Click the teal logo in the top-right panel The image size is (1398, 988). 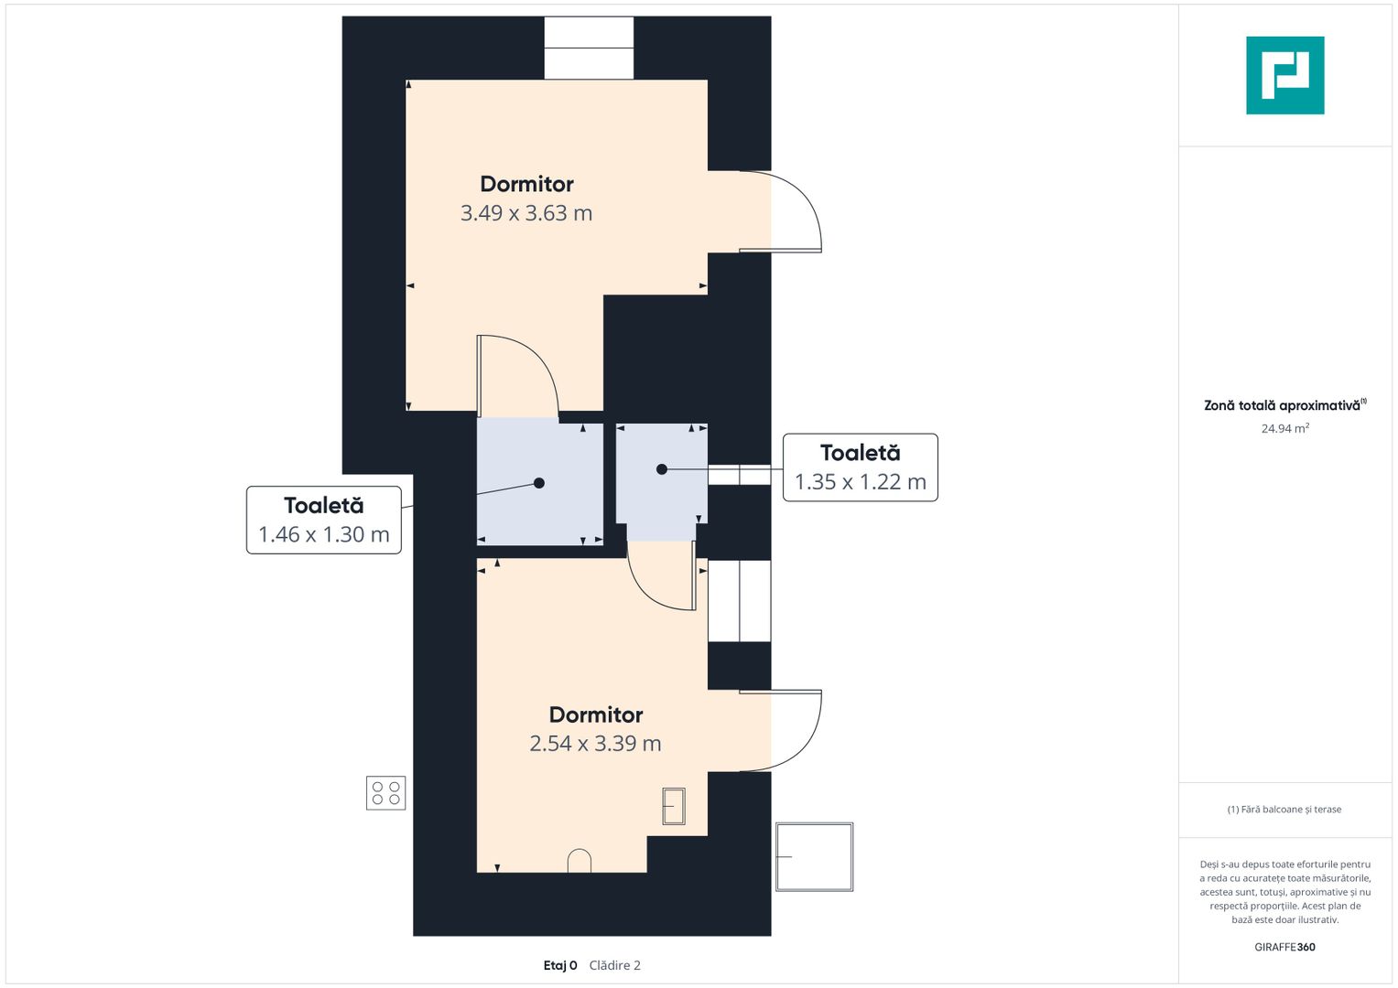pyautogui.click(x=1284, y=75)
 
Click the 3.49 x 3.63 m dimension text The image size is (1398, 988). pyautogui.click(x=526, y=213)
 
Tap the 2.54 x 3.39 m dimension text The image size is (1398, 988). pyautogui.click(x=595, y=744)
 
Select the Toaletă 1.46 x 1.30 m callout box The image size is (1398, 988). pyautogui.click(x=323, y=520)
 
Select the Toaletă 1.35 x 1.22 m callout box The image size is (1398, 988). pyautogui.click(x=860, y=467)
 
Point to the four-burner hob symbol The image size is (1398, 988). pyautogui.click(x=385, y=793)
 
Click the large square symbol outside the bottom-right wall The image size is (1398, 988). pyautogui.click(x=815, y=856)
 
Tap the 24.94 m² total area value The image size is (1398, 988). pyautogui.click(x=1285, y=428)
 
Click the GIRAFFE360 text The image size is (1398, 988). pyautogui.click(x=1284, y=947)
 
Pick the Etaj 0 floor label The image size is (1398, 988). pyautogui.click(x=559, y=965)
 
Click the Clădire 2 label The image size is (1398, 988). pyautogui.click(x=614, y=965)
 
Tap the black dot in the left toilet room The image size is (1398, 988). pyautogui.click(x=539, y=483)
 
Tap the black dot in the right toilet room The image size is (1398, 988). pyautogui.click(x=662, y=469)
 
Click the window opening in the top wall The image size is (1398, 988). pyautogui.click(x=589, y=48)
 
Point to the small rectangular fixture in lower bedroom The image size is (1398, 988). pyautogui.click(x=674, y=806)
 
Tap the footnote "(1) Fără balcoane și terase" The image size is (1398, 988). pyautogui.click(x=1284, y=810)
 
